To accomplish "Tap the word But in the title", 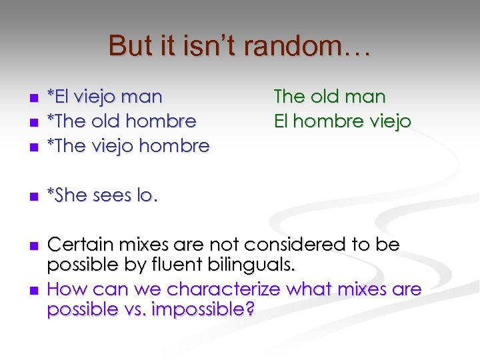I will (x=130, y=46).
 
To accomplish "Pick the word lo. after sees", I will (x=148, y=195).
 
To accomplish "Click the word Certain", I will (x=79, y=245).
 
